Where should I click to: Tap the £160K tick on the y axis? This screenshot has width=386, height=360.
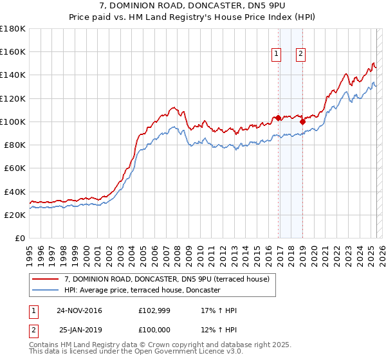13,51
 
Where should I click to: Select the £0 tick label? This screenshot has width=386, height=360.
19,239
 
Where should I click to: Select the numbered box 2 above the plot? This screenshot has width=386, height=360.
300,55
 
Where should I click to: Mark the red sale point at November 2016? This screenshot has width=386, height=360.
278,118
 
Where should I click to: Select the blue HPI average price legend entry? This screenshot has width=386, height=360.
142,291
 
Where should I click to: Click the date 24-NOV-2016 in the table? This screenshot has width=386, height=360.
79,310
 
